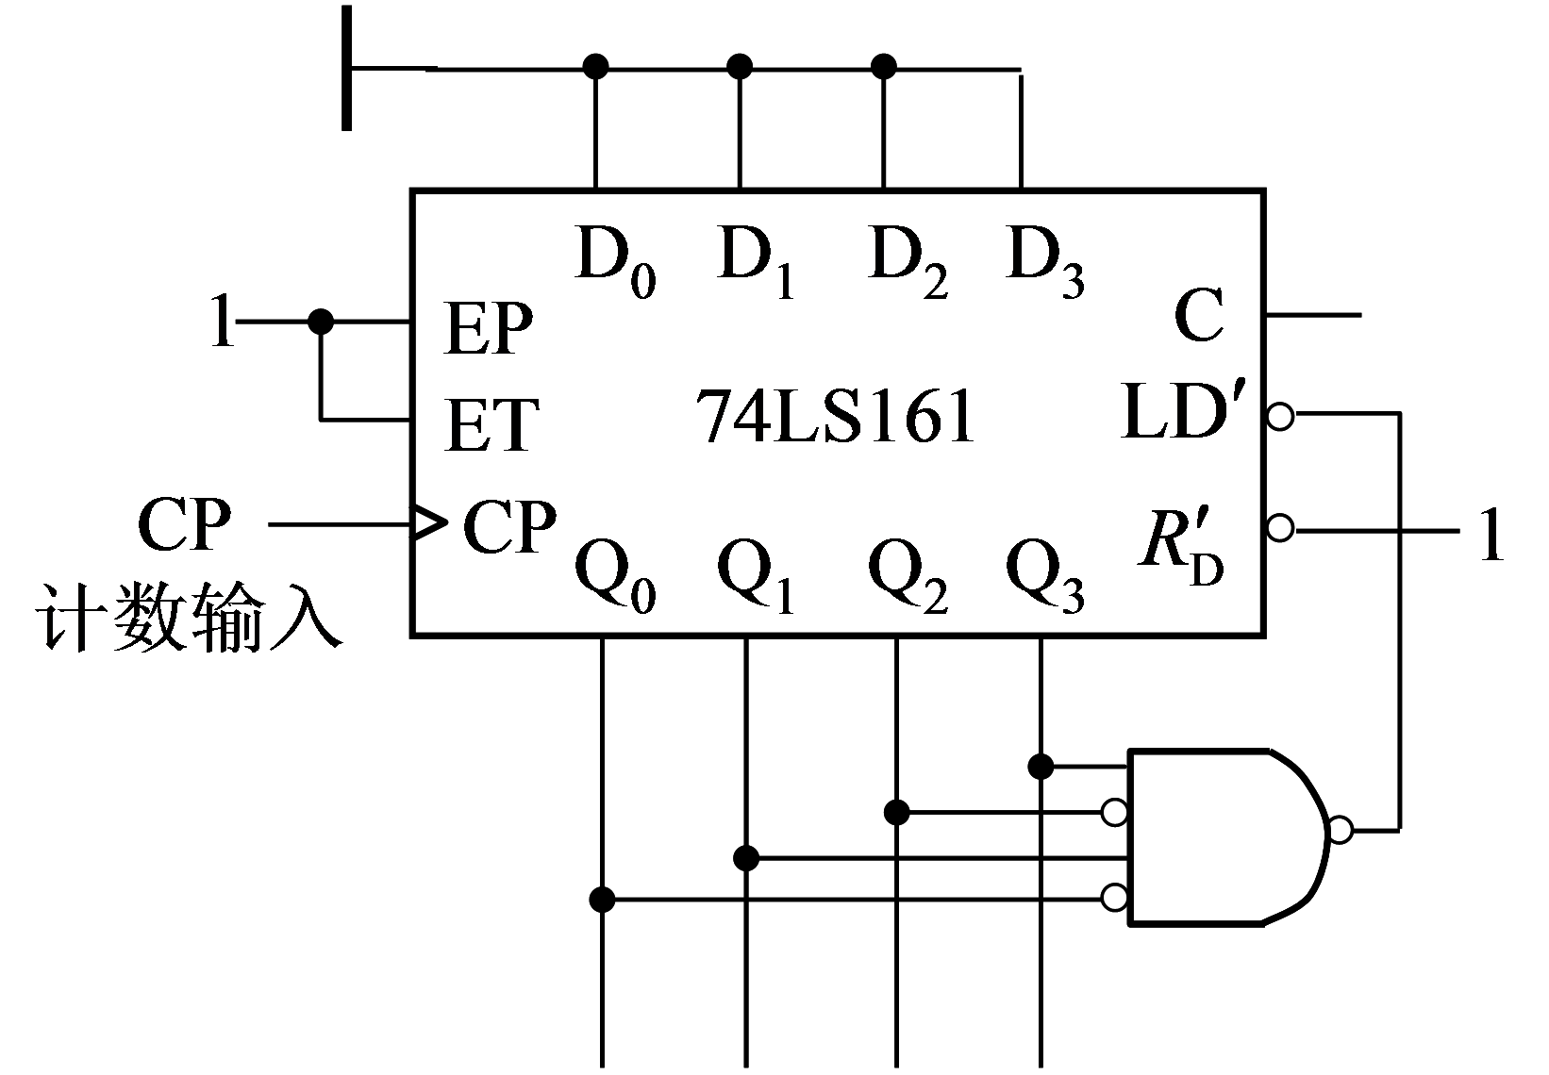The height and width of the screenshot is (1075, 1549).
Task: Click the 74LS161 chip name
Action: pyautogui.click(x=835, y=416)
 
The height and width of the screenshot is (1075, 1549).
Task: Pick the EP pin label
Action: pyautogui.click(x=488, y=329)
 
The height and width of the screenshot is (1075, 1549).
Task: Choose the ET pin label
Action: pyautogui.click(x=491, y=424)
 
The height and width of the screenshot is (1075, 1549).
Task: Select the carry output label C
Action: pyautogui.click(x=1199, y=317)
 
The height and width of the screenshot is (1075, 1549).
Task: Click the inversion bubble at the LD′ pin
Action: pyautogui.click(x=1280, y=416)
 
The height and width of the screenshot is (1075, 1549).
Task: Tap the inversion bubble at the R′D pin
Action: pyautogui.click(x=1280, y=528)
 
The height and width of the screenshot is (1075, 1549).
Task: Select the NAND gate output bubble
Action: pyautogui.click(x=1340, y=831)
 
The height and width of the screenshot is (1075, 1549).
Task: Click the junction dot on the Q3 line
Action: pyautogui.click(x=1041, y=766)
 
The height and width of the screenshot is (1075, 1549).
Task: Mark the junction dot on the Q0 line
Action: pyautogui.click(x=602, y=899)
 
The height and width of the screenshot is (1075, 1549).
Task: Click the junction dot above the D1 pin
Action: pyautogui.click(x=740, y=66)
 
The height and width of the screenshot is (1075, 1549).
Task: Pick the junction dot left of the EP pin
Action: pyautogui.click(x=321, y=322)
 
